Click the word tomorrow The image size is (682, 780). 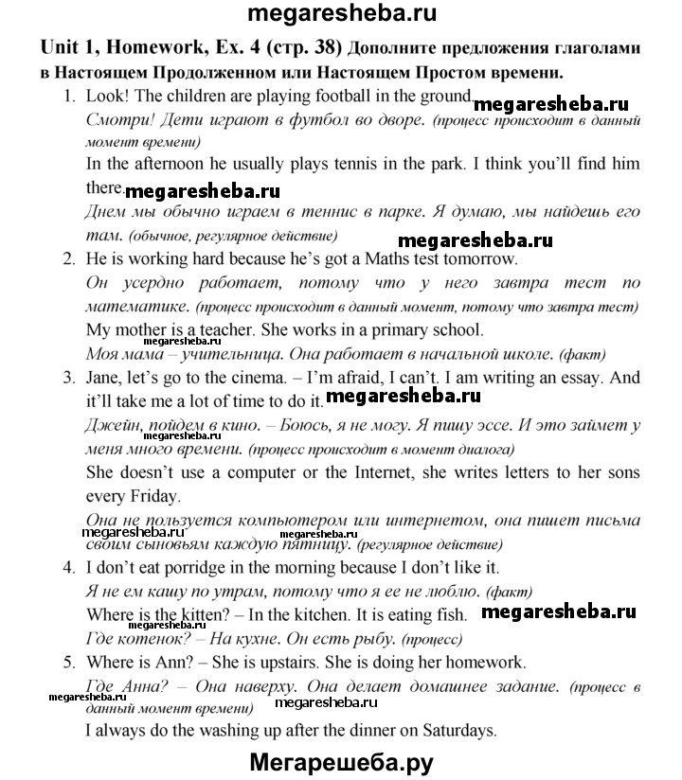[x=477, y=257]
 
